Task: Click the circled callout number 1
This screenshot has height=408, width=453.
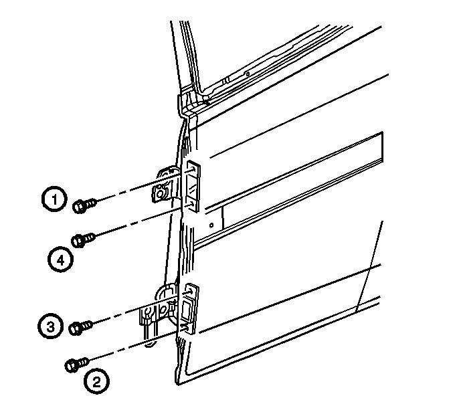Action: pos(54,199)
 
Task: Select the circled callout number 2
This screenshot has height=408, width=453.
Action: pos(96,381)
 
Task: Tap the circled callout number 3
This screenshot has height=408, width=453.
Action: pos(50,327)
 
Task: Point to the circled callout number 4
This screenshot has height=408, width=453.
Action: pos(60,260)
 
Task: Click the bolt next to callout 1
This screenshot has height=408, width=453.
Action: pos(84,205)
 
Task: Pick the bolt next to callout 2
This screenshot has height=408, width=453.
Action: pos(77,365)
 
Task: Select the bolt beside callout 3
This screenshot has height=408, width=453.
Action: pos(80,328)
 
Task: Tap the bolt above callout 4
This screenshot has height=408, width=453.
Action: pos(83,239)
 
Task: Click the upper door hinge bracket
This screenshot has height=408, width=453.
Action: pos(167,184)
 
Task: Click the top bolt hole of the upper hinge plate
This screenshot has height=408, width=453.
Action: pos(192,169)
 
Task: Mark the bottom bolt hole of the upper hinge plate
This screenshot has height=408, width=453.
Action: pos(191,204)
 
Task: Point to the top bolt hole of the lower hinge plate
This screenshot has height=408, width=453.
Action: pos(190,292)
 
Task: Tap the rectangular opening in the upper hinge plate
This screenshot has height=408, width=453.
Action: pos(191,187)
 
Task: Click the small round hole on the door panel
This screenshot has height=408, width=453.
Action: pos(211,225)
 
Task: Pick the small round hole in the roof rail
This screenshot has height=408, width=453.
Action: pos(248,74)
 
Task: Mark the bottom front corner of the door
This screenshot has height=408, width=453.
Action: pos(177,384)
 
